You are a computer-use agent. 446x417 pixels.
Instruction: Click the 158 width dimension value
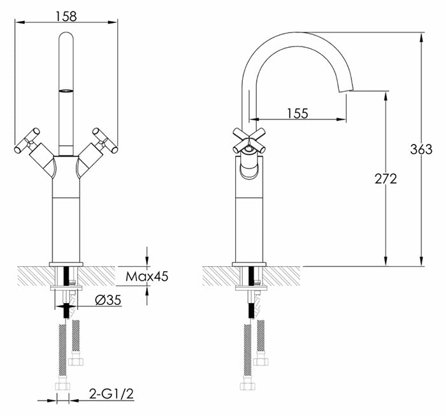66,16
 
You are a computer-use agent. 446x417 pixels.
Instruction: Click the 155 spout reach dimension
298,113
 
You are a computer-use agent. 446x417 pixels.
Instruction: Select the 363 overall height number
421,149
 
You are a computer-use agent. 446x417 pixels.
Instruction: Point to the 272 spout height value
385,179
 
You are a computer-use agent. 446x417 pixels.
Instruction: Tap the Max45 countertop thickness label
147,276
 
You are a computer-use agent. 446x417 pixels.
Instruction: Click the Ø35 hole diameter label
108,300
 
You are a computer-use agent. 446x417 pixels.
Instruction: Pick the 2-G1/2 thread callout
111,394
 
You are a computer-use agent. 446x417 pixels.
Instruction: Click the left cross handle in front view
27,141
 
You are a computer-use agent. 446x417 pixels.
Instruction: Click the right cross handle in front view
105,141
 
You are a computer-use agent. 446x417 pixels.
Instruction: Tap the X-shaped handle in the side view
249,141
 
